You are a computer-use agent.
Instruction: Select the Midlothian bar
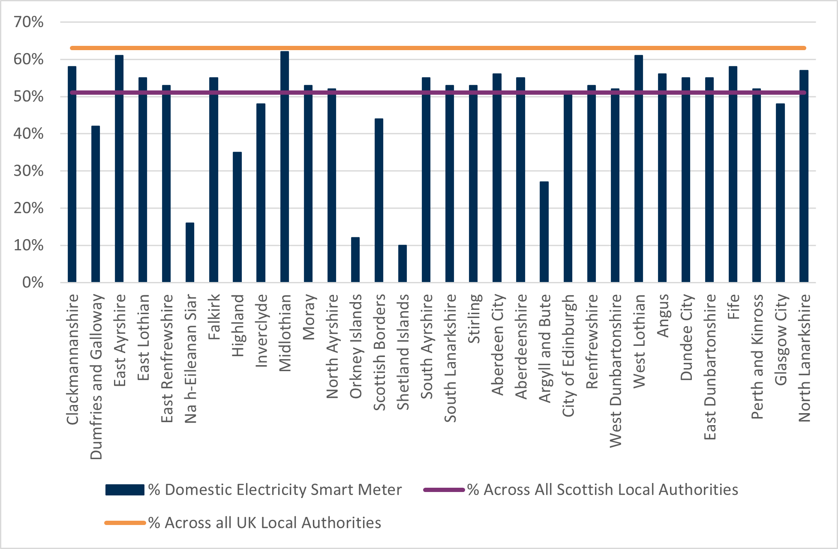(x=284, y=167)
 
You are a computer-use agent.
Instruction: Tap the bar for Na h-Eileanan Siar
(x=190, y=252)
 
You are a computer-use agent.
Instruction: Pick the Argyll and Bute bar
(x=544, y=232)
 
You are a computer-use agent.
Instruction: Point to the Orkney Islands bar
(x=355, y=260)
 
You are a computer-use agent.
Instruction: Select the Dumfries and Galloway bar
(x=96, y=204)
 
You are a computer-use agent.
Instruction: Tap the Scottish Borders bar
(x=378, y=200)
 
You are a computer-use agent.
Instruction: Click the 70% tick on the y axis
(x=28, y=22)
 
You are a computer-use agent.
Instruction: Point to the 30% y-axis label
(x=28, y=171)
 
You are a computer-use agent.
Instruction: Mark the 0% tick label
(x=33, y=282)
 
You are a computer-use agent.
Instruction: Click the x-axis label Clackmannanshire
(x=72, y=359)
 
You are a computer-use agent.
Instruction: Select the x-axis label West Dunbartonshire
(x=615, y=371)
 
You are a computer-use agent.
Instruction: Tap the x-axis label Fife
(x=733, y=306)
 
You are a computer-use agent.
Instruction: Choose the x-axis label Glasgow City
(x=781, y=339)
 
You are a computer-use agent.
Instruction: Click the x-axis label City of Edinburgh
(x=568, y=355)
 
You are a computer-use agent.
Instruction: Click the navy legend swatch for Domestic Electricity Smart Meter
(x=125, y=490)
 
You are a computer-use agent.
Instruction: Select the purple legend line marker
(x=444, y=490)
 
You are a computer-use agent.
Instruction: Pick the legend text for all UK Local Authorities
(x=264, y=523)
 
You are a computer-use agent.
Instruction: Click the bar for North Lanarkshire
(x=804, y=176)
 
